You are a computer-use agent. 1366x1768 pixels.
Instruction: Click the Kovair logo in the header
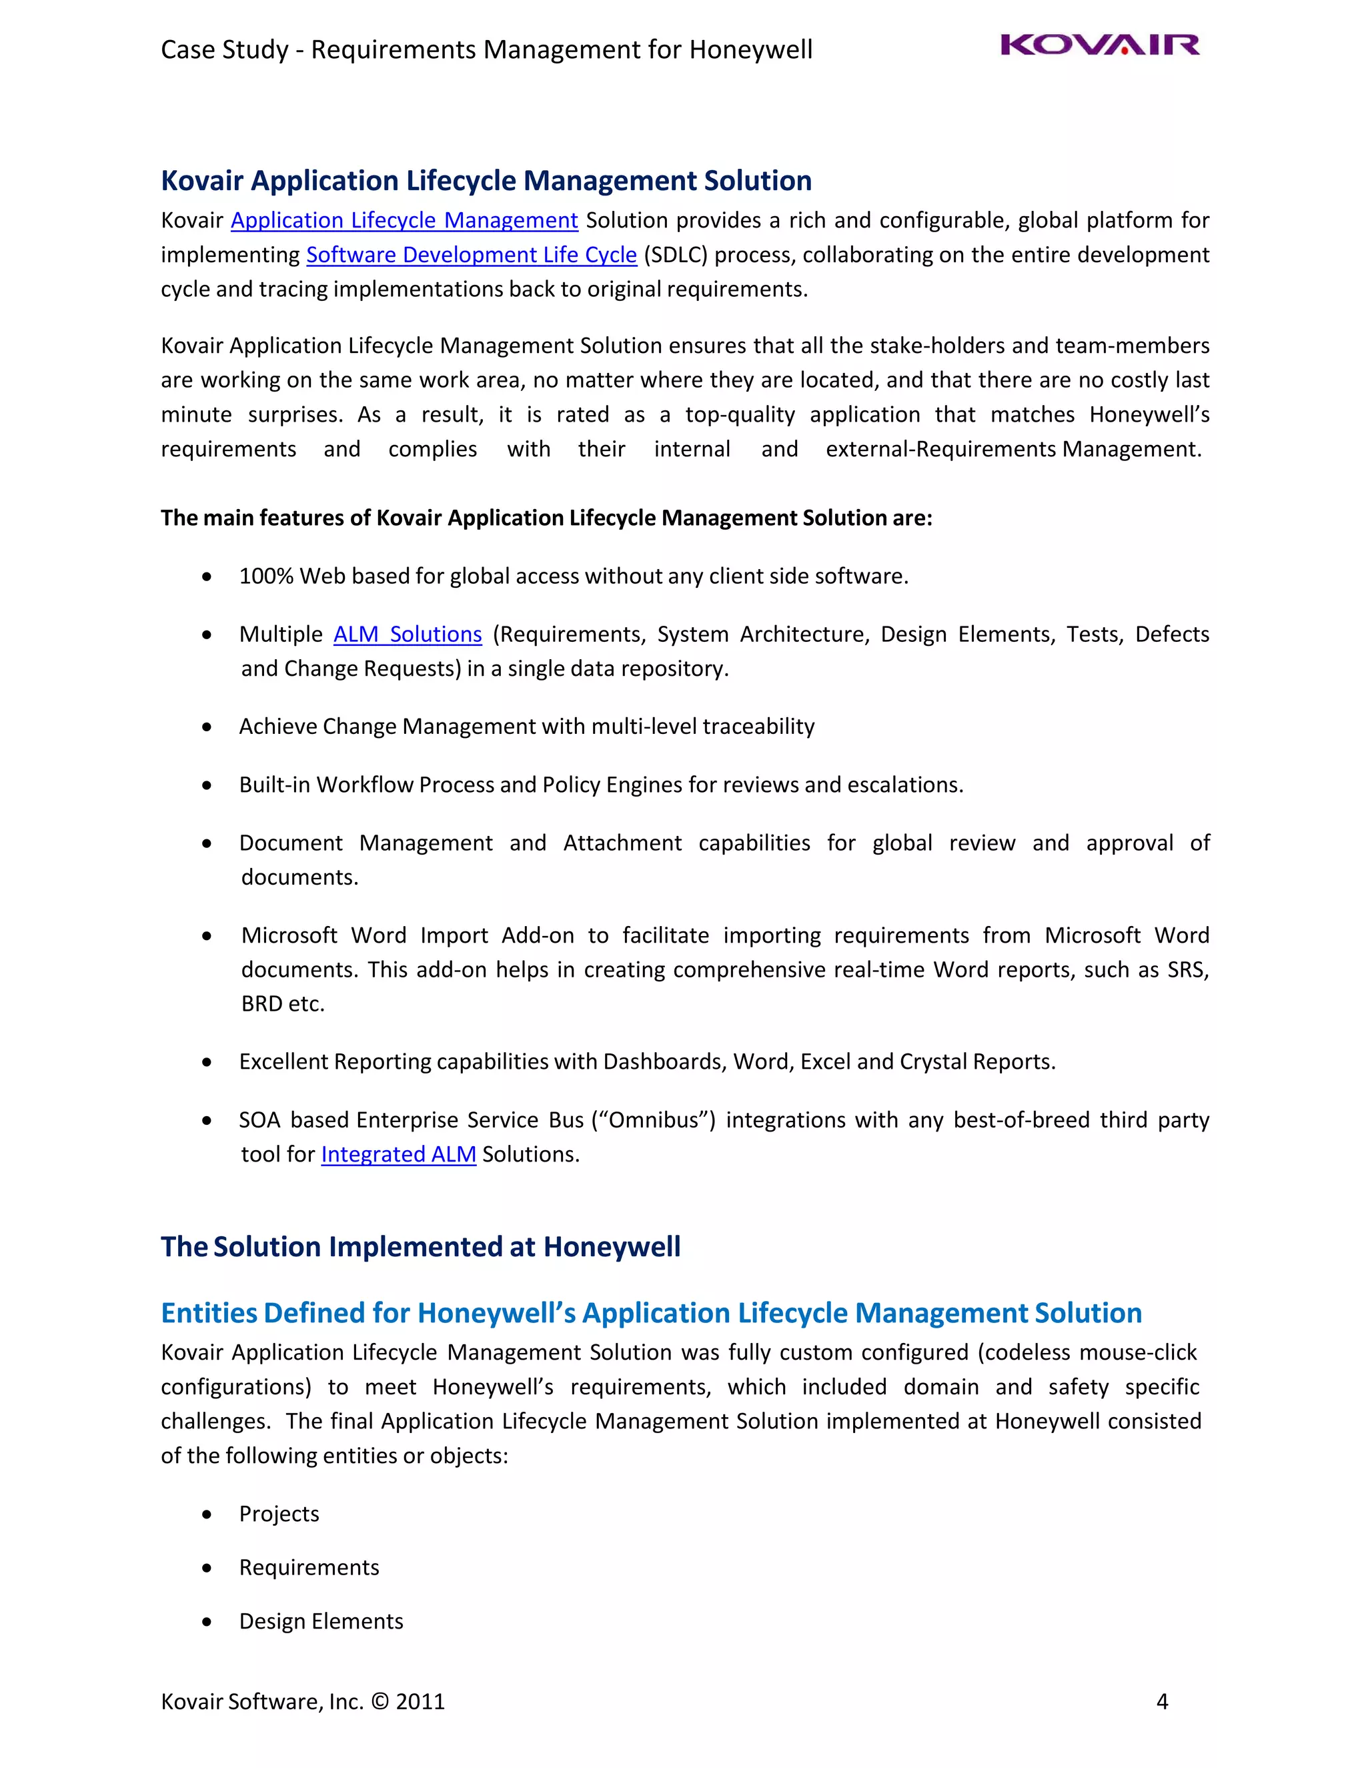click(x=1100, y=45)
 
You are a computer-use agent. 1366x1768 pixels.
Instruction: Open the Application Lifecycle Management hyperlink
click(x=404, y=220)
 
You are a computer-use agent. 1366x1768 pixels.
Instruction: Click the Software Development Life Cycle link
click(x=471, y=255)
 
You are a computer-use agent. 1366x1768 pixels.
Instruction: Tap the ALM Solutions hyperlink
click(x=407, y=634)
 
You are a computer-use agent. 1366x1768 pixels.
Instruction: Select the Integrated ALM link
click(x=398, y=1154)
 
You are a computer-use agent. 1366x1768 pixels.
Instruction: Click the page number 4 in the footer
click(x=1161, y=1702)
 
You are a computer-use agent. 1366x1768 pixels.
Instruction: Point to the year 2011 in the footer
click(x=420, y=1702)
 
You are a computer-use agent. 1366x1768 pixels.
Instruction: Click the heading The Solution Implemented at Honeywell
click(x=420, y=1247)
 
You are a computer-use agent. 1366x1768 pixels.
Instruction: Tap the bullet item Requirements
click(x=308, y=1567)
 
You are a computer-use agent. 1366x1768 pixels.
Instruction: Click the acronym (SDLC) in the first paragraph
click(x=675, y=255)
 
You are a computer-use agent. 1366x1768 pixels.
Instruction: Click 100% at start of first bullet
click(x=265, y=576)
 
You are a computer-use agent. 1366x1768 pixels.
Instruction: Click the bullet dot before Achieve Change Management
click(x=207, y=727)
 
